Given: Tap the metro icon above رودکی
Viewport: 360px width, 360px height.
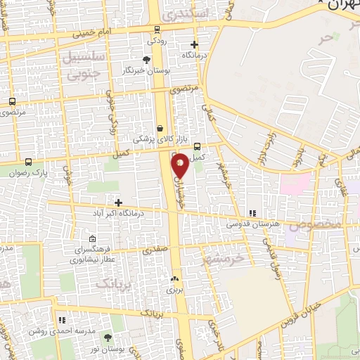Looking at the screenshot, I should [x=157, y=30].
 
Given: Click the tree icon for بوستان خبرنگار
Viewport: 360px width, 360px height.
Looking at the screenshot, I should [x=146, y=60].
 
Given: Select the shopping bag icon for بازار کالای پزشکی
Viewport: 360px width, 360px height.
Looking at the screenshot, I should [x=162, y=129].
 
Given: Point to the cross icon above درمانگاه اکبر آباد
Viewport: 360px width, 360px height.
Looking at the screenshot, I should [x=118, y=202].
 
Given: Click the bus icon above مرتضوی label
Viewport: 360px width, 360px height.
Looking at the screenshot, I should [x=12, y=101].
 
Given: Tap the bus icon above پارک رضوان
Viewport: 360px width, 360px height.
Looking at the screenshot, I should [x=28, y=161].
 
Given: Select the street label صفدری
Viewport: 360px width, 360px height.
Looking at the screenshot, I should [x=155, y=250].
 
